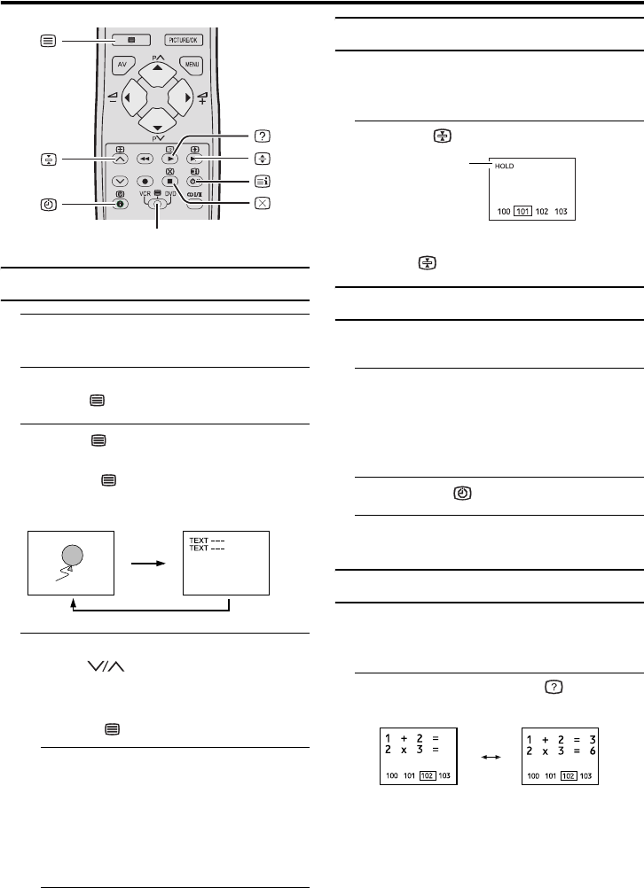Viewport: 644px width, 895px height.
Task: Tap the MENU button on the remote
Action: [x=192, y=64]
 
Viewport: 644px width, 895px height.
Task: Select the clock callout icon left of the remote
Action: [x=48, y=204]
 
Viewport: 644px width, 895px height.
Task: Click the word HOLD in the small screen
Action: [x=505, y=166]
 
